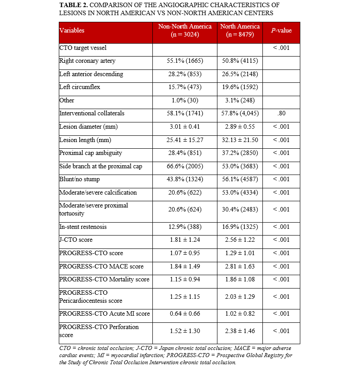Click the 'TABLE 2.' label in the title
tap(74, 5)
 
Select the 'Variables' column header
tap(72, 31)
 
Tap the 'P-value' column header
tap(282, 30)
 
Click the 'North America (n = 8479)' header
tap(240, 30)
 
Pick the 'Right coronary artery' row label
tap(87, 61)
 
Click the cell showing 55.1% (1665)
tap(185, 61)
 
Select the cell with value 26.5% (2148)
tap(240, 74)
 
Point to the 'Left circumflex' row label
tap(80, 87)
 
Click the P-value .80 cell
tap(282, 114)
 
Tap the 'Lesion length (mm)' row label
tap(84, 140)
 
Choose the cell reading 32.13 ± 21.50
tap(240, 140)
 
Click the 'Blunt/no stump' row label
tap(80, 179)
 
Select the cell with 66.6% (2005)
tap(185, 166)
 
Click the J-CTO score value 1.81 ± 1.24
tap(185, 240)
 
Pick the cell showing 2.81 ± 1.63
tap(240, 266)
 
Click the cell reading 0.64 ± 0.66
tap(185, 314)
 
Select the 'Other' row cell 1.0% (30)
tap(185, 100)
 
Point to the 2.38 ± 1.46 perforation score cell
tap(240, 331)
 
